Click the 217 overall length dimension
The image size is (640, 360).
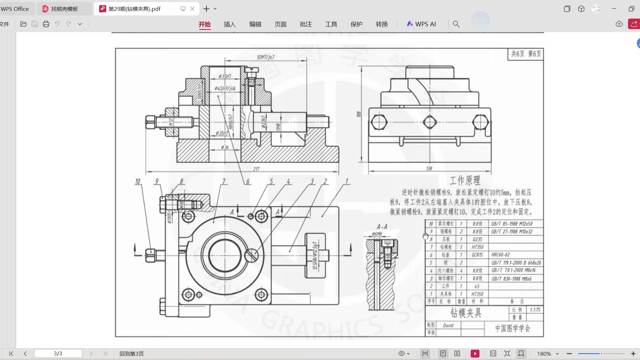click(256, 169)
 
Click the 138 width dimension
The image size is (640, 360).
click(429, 169)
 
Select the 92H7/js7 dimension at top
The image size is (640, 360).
click(265, 57)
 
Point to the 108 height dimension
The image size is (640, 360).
click(358, 114)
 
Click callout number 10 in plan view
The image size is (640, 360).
click(137, 182)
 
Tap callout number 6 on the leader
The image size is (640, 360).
click(248, 182)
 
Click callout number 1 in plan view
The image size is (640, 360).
click(346, 181)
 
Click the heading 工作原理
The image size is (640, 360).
click(465, 181)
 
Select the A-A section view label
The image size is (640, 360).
click(382, 227)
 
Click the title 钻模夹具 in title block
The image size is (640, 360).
click(466, 313)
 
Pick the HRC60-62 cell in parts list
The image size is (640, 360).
click(500, 255)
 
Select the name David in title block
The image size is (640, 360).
click(448, 326)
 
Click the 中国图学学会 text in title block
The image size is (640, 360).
click(512, 328)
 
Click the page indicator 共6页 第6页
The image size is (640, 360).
click(526, 54)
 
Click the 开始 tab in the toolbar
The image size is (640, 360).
click(204, 24)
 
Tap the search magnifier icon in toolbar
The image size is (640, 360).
click(456, 24)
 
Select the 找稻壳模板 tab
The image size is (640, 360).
click(64, 9)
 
